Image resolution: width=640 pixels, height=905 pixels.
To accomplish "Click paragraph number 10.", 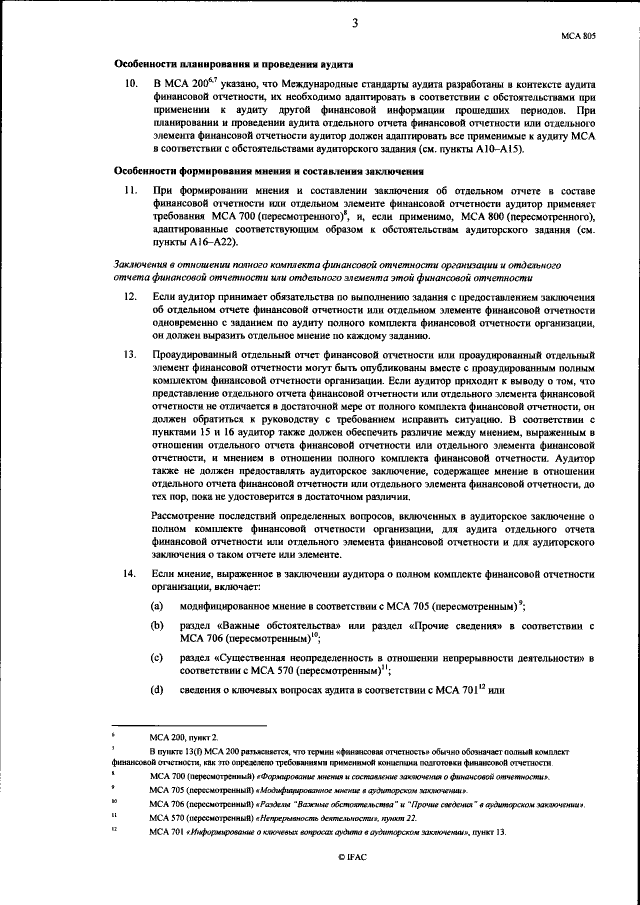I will [126, 83].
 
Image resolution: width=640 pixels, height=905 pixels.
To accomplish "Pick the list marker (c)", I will [157, 658].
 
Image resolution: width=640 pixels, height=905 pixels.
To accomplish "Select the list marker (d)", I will [157, 690].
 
